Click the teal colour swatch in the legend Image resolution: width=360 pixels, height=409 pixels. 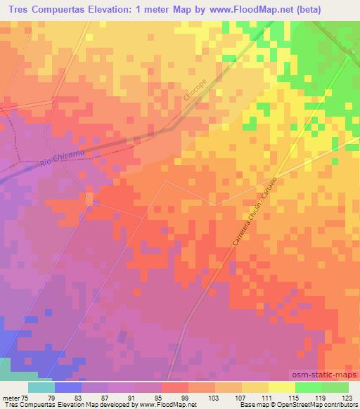(x=41, y=387)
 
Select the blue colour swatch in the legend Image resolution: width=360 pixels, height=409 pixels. (x=68, y=387)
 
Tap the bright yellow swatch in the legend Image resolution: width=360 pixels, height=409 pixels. (x=282, y=387)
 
